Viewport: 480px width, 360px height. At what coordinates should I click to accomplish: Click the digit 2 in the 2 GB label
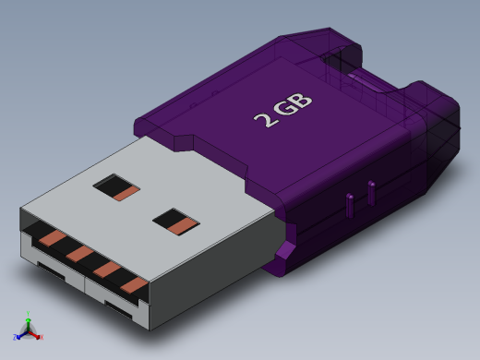tap(263, 117)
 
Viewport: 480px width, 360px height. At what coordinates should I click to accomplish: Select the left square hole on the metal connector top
tap(116, 187)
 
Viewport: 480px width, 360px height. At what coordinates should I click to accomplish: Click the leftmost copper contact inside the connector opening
tap(52, 238)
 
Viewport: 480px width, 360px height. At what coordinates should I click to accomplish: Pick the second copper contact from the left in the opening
tap(79, 253)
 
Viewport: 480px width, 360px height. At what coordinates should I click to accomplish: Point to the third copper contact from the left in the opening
tap(107, 269)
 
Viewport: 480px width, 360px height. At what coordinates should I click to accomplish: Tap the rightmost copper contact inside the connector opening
tap(135, 284)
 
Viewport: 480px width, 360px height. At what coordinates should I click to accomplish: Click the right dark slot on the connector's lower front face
tap(119, 308)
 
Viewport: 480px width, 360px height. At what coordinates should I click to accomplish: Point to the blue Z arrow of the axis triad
tap(18, 334)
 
